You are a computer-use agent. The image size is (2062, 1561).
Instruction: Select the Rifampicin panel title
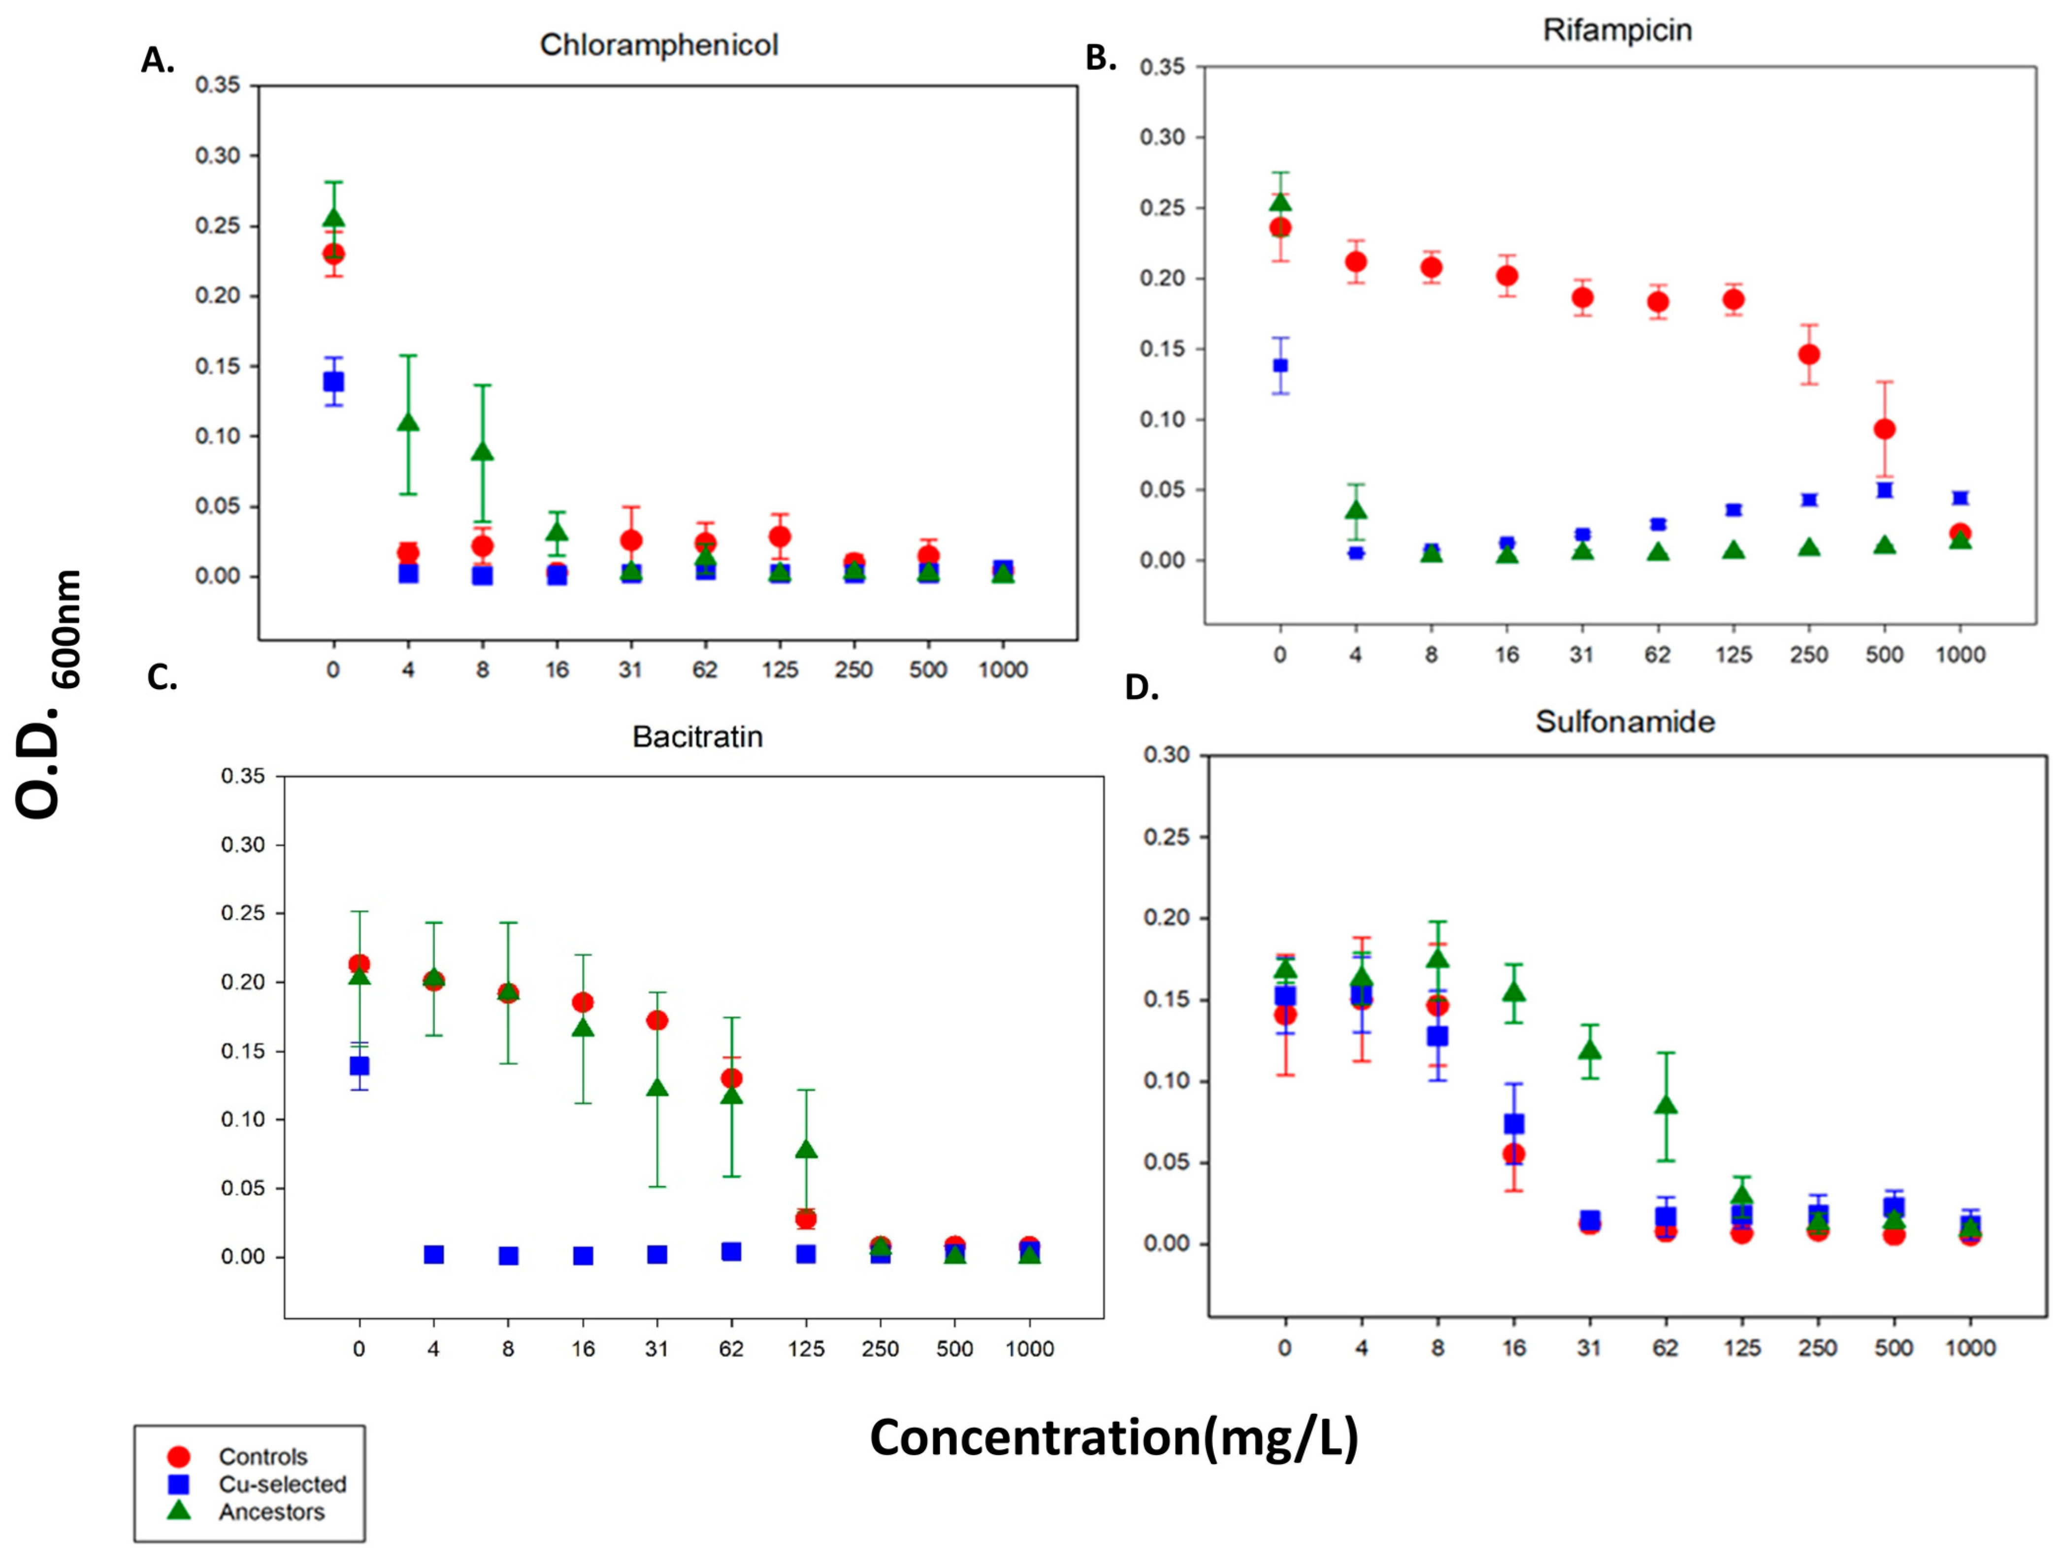1617,30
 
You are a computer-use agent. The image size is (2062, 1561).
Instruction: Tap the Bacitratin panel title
697,736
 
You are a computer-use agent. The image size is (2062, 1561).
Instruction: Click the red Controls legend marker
178,1456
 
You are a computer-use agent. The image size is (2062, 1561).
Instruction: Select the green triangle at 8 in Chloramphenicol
482,452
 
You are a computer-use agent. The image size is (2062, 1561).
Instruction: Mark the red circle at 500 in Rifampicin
1884,429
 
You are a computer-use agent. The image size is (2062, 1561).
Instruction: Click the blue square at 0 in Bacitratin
359,1065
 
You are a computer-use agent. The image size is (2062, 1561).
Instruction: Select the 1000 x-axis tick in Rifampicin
1960,654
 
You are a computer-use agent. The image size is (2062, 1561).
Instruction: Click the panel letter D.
1142,688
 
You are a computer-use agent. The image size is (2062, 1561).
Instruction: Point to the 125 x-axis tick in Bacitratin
806,1348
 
